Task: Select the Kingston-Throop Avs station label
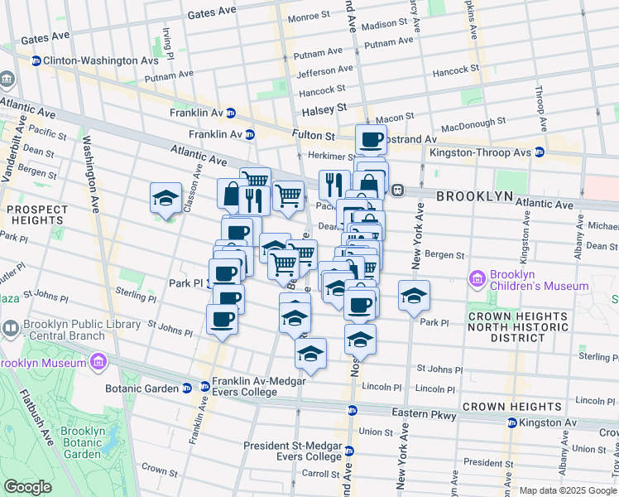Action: pos(478,152)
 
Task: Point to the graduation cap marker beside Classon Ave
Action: pos(166,198)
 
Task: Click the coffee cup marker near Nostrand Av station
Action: pos(371,138)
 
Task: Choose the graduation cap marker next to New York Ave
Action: pos(414,295)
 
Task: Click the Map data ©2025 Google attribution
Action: pos(568,490)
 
